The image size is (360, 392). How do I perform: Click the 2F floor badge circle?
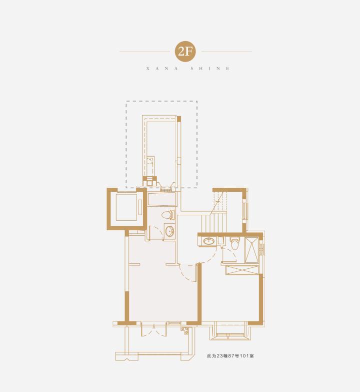(x=185, y=52)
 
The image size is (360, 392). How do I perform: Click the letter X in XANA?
(x=147, y=69)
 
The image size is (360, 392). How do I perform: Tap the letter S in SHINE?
(x=192, y=69)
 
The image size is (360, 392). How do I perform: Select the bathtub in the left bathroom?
(x=162, y=199)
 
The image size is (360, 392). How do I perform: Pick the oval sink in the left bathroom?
(x=170, y=231)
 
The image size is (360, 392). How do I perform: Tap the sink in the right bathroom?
(x=208, y=241)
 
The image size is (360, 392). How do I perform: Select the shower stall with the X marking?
(x=251, y=250)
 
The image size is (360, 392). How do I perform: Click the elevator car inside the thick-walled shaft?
(x=126, y=207)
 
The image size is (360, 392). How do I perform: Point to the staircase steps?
(x=213, y=222)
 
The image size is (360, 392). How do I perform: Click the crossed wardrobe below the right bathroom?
(x=242, y=270)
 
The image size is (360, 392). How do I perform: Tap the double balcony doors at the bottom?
(x=154, y=329)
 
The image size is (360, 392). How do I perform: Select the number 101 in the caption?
(x=244, y=356)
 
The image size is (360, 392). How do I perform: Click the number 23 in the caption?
(x=219, y=356)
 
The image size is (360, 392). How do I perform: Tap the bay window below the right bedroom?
(x=230, y=331)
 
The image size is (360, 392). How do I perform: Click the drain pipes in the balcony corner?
(x=184, y=331)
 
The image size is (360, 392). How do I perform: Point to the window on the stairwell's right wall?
(x=245, y=211)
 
